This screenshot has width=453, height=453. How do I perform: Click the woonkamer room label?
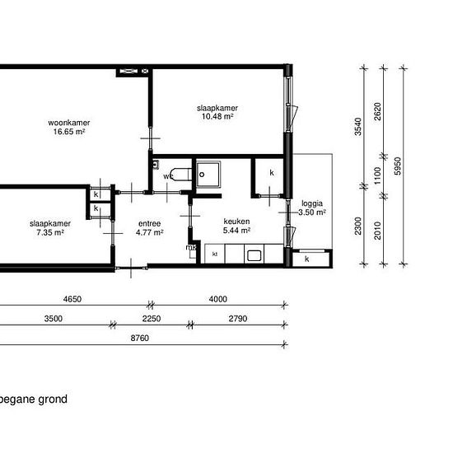tap(69, 123)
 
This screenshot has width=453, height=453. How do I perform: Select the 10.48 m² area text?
tap(217, 116)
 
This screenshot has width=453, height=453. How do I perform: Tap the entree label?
tap(149, 223)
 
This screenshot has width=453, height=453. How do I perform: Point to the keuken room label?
tap(236, 222)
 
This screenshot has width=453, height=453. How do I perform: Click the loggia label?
tap(312, 203)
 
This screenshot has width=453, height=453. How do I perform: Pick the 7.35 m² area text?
tap(50, 232)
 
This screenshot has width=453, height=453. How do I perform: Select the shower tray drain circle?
tap(202, 175)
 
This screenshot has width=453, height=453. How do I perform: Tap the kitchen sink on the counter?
tap(254, 255)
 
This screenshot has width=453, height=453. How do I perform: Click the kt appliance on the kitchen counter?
tap(215, 254)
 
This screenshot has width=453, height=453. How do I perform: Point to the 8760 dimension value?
tap(139, 338)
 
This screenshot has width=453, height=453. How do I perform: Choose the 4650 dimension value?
tap(72, 299)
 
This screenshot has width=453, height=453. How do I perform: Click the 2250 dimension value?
tap(152, 319)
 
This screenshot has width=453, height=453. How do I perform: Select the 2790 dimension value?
tap(238, 319)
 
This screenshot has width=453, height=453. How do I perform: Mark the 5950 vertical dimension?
tap(398, 166)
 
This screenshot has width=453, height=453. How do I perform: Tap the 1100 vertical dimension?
tap(378, 175)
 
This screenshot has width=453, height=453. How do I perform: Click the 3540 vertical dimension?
tap(358, 127)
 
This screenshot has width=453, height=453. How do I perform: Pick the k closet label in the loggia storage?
tap(307, 259)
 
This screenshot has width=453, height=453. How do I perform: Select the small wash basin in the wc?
tap(156, 165)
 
